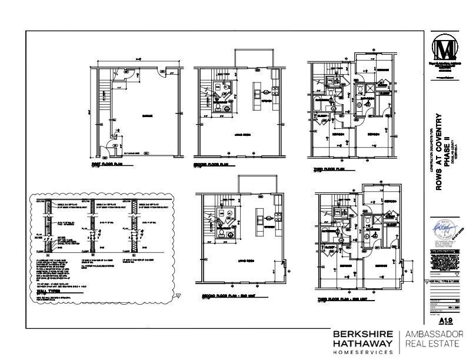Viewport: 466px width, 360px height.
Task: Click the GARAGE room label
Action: tap(147, 116)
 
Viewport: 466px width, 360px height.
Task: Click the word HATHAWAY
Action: tap(362, 343)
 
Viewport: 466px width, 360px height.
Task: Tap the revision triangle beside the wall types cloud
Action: tap(179, 296)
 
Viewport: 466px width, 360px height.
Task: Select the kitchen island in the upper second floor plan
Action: tap(257, 94)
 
